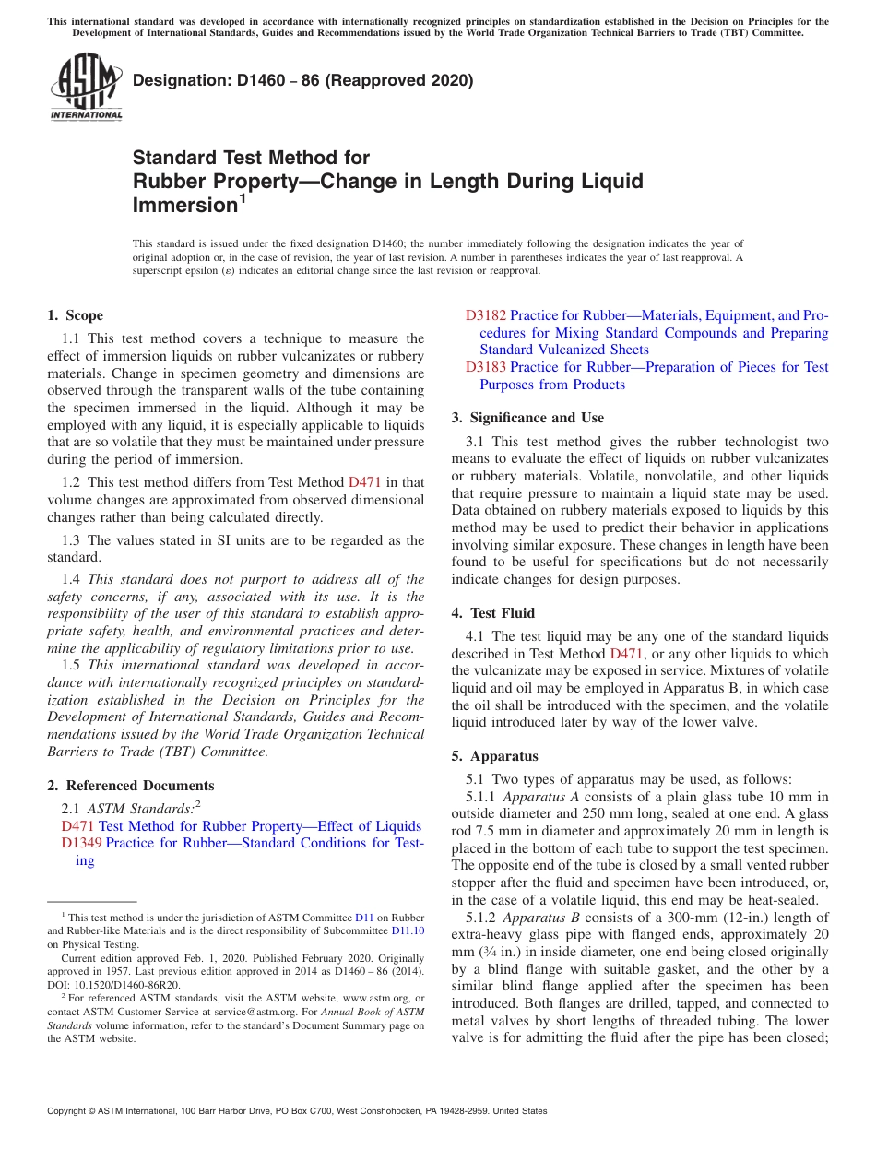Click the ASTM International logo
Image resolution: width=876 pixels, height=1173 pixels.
[x=86, y=87]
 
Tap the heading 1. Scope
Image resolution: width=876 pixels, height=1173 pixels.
[x=76, y=315]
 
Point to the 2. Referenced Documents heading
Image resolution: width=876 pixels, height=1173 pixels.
[x=131, y=786]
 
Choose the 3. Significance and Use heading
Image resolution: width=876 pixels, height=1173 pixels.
[x=527, y=418]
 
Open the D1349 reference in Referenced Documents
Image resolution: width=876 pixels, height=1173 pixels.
[x=81, y=843]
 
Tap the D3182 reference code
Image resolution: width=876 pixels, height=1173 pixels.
[x=485, y=315]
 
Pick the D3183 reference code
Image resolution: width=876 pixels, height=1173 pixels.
[x=485, y=367]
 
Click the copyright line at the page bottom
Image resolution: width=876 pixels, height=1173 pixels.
[x=297, y=1111]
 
